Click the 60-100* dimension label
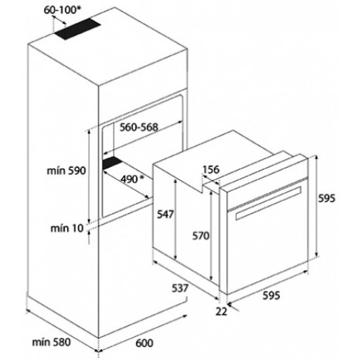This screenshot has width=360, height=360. coord(62,10)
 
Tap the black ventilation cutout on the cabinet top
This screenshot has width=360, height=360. coord(77,29)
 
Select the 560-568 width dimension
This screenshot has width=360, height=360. coord(139,127)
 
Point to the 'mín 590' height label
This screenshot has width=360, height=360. coord(66,171)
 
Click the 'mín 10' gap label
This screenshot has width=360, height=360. coord(67,228)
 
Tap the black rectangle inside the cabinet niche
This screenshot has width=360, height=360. coord(112,163)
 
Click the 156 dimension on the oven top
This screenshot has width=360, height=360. coord(211,169)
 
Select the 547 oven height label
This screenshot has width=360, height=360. coord(165,214)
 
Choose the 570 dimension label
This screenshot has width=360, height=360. coord(201,235)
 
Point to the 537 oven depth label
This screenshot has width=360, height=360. coord(180,288)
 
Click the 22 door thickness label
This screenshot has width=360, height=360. coord(221,311)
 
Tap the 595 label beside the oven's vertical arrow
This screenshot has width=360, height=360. coord(326,198)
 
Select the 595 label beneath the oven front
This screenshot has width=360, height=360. coord(271,295)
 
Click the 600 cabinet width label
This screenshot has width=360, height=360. coord(145,343)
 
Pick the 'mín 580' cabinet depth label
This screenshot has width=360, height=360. coord(51,342)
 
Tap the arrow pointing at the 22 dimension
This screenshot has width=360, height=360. coord(233,307)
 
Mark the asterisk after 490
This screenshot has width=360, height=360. coord(142,177)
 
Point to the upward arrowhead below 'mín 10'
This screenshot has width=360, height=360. coord(89,233)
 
